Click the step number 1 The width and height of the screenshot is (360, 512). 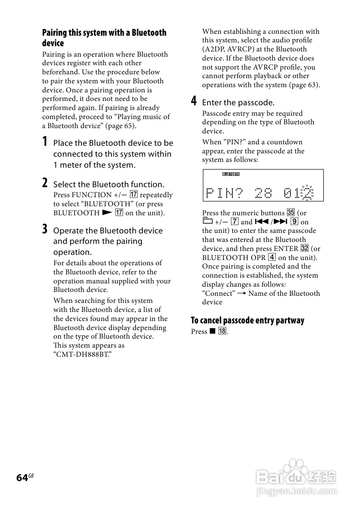tap(45, 141)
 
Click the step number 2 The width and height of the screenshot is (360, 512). tap(45, 183)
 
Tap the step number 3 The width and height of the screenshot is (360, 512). tap(45, 229)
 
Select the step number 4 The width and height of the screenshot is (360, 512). tap(194, 101)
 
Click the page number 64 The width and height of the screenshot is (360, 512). tap(22, 478)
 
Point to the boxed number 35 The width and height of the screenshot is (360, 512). tap(291, 213)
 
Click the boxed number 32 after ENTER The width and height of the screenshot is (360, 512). tap(305, 249)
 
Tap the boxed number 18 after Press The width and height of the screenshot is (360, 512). tap(222, 331)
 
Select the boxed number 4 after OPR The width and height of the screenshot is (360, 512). tap(271, 258)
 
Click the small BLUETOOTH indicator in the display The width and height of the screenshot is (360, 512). tap(231, 174)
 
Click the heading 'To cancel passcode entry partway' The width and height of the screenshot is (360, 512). tap(247, 321)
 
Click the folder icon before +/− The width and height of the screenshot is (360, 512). tap(207, 221)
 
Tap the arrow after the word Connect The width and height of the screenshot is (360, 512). tap(242, 293)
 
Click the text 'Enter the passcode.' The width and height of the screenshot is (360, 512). tap(238, 102)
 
